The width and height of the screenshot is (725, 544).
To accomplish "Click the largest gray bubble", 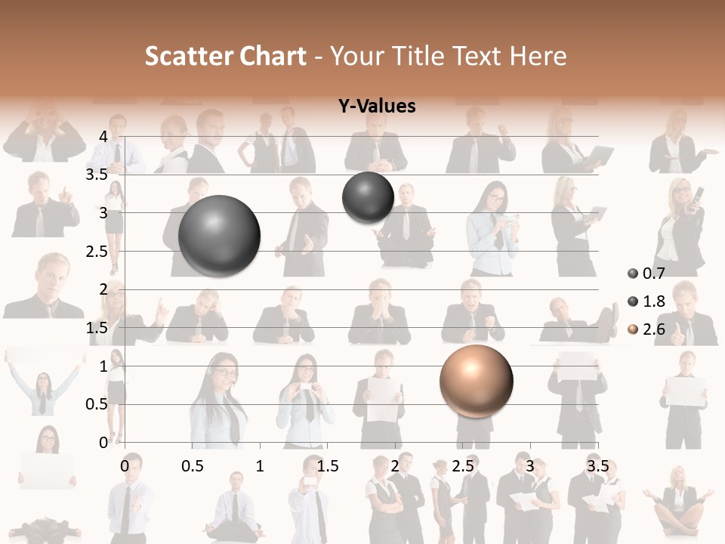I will [219, 236].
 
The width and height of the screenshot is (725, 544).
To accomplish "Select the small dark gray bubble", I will [368, 197].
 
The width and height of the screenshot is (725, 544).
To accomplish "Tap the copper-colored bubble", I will [476, 381].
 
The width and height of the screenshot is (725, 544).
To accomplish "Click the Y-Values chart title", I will [377, 107].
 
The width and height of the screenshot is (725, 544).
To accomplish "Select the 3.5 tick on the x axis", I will [597, 466].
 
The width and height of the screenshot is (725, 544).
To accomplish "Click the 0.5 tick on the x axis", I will [193, 466].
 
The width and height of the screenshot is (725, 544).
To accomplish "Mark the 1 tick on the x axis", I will [260, 466].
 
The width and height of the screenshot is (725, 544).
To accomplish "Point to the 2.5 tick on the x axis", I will [462, 466].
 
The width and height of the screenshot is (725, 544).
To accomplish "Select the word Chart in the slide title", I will [273, 56].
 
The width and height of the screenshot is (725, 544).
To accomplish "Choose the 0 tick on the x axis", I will [125, 466].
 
